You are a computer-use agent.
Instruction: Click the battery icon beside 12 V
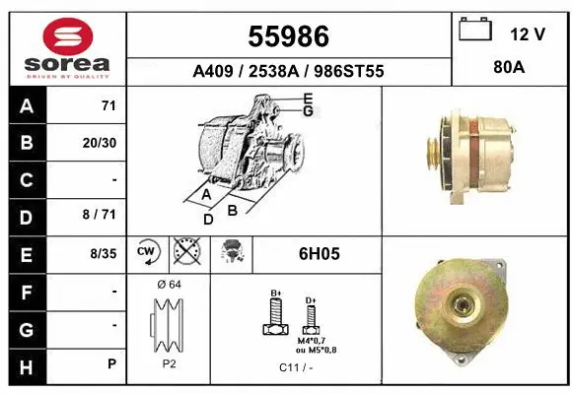tap(475, 32)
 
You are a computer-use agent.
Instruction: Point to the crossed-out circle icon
tap(184, 253)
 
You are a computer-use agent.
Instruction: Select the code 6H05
tap(319, 253)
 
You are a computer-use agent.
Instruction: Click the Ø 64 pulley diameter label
tap(169, 285)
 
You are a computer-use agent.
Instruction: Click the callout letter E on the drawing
tap(308, 98)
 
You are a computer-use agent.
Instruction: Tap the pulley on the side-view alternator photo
tap(430, 153)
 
